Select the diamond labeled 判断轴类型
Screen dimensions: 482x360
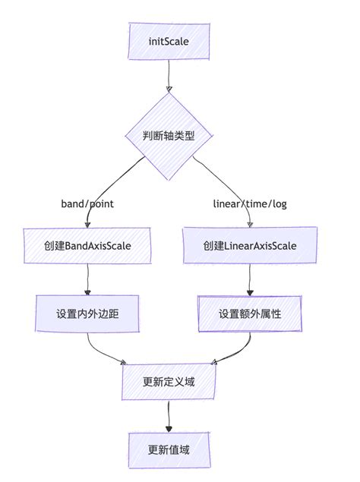(168, 137)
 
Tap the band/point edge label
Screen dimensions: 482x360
(87, 203)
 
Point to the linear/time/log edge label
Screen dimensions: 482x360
(249, 203)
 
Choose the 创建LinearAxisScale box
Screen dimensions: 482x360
(249, 247)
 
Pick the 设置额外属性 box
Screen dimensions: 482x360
(249, 313)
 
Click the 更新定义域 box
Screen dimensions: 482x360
(168, 382)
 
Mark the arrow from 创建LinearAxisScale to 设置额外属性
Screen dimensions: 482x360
(249, 280)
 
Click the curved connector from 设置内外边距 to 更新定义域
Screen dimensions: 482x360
(103, 350)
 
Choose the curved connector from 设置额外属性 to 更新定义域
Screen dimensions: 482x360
(235, 350)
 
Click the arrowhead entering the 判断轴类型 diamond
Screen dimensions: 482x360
(168, 88)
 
